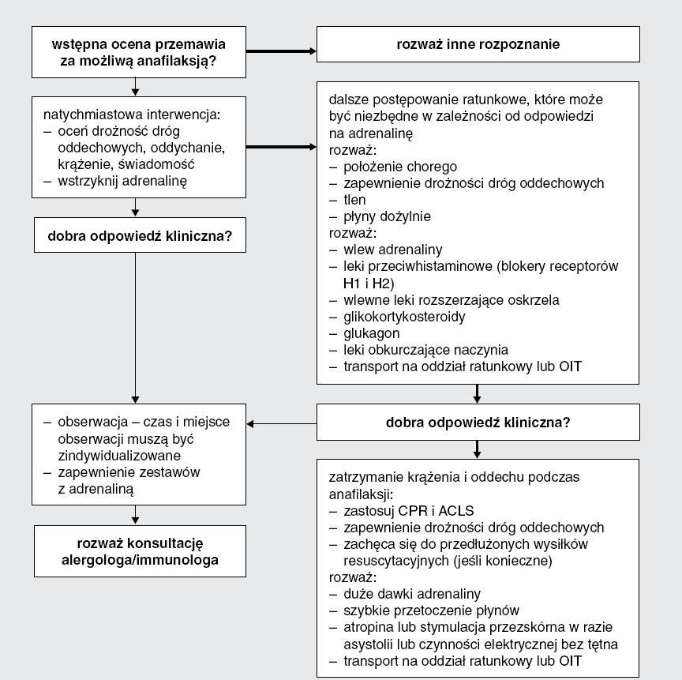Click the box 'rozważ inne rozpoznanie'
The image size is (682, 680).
[478, 44]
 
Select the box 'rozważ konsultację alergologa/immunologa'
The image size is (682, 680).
[140, 551]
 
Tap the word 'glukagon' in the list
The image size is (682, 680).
[372, 333]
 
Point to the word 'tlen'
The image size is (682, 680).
[354, 200]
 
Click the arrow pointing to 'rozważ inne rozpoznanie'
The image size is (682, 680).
[282, 51]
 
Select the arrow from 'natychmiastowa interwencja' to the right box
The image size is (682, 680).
[282, 147]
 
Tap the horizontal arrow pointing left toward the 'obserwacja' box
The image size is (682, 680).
[282, 424]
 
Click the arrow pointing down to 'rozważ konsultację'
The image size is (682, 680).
[135, 515]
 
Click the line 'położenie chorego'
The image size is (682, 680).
[400, 167]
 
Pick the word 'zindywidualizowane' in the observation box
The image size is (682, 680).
[119, 456]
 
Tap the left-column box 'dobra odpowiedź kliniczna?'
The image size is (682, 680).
[140, 235]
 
